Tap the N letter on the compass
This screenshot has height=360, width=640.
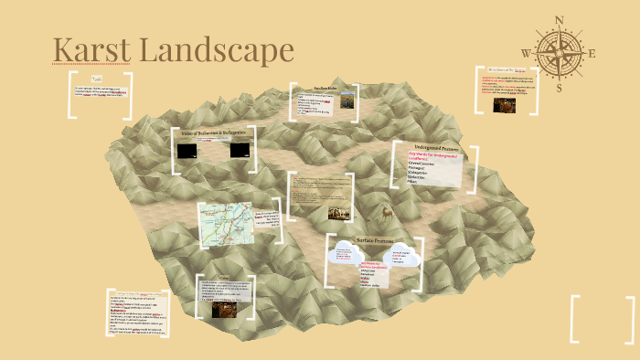tap(560, 19)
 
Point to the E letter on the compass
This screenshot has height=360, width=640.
tap(592, 53)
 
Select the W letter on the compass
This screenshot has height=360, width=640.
tap(526, 53)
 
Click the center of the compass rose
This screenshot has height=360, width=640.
tap(559, 52)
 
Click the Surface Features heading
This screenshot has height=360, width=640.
tap(374, 243)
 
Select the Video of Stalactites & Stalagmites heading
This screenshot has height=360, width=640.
tap(213, 134)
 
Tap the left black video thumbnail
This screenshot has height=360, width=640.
tap(188, 152)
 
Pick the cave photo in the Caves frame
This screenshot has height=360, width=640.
tap(222, 310)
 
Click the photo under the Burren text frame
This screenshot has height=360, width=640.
tap(504, 103)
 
